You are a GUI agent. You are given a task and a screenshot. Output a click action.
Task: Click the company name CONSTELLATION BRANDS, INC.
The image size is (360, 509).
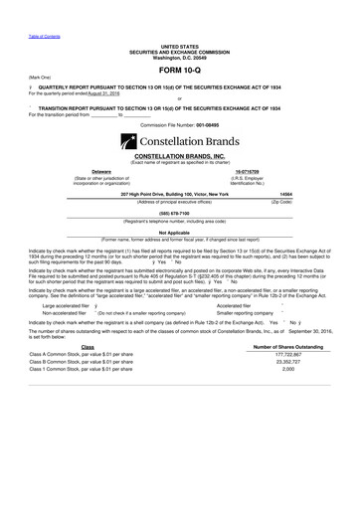(179, 157)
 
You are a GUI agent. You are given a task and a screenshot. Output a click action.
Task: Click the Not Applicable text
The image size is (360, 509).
(179, 232)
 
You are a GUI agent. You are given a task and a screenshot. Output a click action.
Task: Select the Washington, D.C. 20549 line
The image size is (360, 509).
(180, 57)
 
